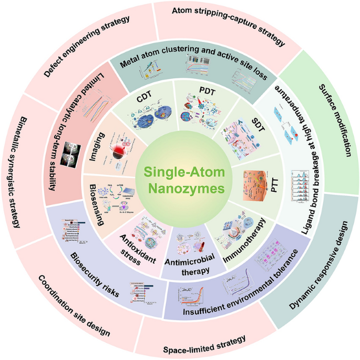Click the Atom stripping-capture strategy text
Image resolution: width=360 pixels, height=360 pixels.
pyautogui.click(x=228, y=26)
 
